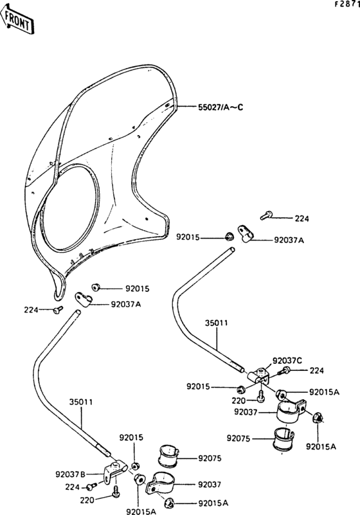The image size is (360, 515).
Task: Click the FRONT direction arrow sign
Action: [17, 19]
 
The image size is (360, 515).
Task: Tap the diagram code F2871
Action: [347, 5]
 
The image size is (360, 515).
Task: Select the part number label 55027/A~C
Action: [221, 107]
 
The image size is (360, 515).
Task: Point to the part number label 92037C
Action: [287, 361]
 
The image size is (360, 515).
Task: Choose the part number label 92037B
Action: [70, 474]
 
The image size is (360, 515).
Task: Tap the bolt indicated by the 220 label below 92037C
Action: [261, 397]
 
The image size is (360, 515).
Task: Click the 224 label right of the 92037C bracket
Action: [317, 370]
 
